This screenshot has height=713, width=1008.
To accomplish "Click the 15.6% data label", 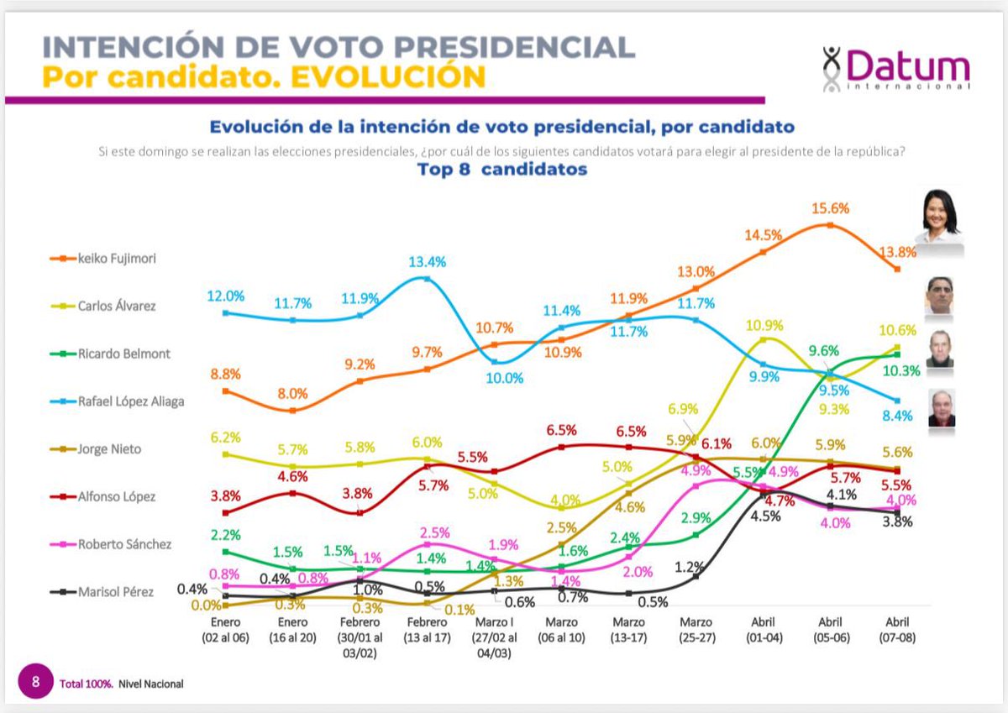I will click(x=831, y=209).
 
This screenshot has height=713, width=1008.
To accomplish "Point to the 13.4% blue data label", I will click(x=428, y=261).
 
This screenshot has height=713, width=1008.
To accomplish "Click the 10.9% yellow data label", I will click(x=764, y=325).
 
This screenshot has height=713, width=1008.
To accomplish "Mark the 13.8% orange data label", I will click(x=898, y=252).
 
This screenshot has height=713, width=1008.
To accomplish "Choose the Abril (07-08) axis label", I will click(x=898, y=630).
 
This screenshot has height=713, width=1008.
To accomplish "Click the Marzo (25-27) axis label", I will click(x=696, y=630).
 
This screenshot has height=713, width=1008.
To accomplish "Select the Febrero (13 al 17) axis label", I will click(x=427, y=630).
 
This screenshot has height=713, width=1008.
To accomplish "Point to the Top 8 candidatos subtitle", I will click(x=502, y=170).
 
